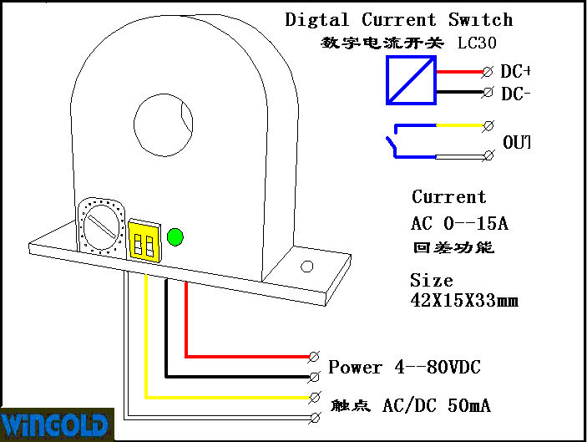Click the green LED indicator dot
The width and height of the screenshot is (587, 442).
175,236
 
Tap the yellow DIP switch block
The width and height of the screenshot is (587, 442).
144,241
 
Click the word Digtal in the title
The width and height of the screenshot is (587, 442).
318,20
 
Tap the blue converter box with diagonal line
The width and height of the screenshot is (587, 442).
411,80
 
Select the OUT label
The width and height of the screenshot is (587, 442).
516,143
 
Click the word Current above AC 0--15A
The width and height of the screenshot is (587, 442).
448,197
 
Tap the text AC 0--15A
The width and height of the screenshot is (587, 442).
459,223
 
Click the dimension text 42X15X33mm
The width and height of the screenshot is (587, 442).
463,300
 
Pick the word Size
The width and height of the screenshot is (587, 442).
431,281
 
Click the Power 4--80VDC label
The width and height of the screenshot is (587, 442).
404,368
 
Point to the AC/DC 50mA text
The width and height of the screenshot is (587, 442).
436,407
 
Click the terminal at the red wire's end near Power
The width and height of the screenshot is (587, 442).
315,357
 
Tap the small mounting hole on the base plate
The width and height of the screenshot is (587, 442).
306,267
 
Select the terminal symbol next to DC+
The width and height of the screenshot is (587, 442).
487,73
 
